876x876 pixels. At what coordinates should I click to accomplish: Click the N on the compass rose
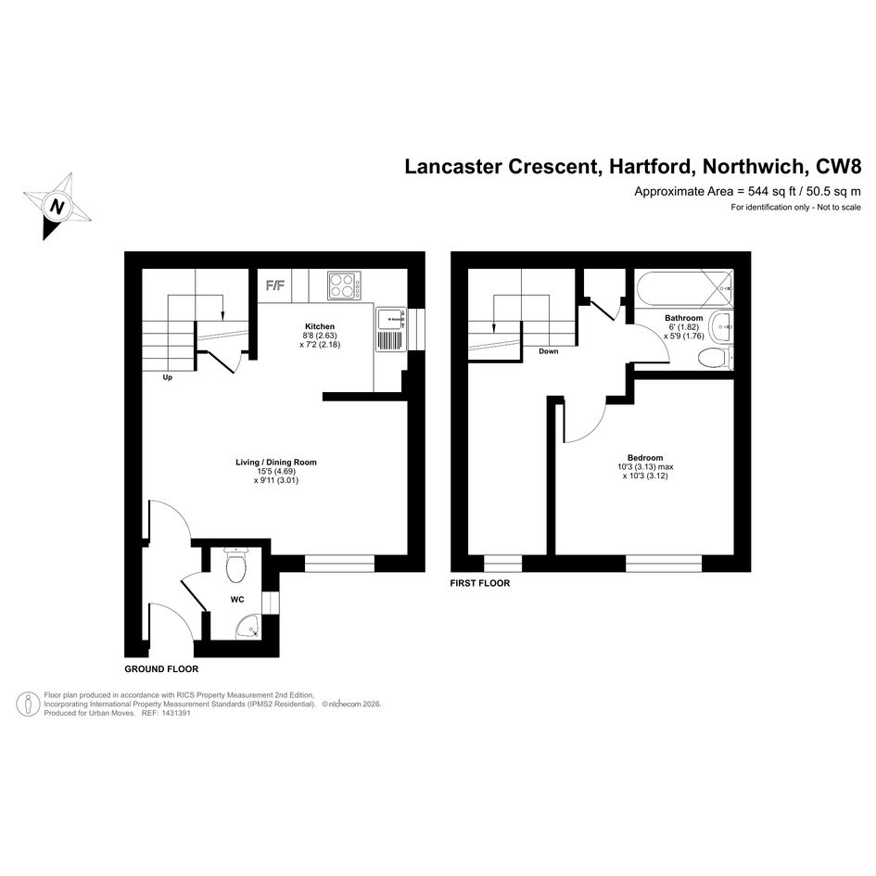57,208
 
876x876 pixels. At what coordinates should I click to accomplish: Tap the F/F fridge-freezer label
275,286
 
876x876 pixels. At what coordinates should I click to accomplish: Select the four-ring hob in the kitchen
344,286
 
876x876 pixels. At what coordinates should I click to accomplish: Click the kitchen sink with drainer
391,330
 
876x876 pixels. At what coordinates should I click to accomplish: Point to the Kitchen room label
320,326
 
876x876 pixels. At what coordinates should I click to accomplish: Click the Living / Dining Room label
276,462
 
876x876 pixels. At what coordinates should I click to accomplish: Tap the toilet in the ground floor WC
235,565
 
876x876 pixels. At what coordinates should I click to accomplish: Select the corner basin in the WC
248,627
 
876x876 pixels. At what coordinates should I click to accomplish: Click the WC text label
237,600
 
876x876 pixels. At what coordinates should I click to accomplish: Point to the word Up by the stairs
167,377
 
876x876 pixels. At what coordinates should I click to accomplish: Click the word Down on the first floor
549,351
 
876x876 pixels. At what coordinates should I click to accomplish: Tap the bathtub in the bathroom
684,288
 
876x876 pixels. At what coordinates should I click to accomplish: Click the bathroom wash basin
721,325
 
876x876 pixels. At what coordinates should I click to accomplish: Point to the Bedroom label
645,457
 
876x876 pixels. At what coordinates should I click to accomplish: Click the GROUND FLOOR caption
161,668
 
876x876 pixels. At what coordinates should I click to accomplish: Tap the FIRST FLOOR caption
480,583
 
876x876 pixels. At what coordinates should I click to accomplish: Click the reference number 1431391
175,714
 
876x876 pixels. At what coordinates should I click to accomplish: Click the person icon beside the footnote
28,704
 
